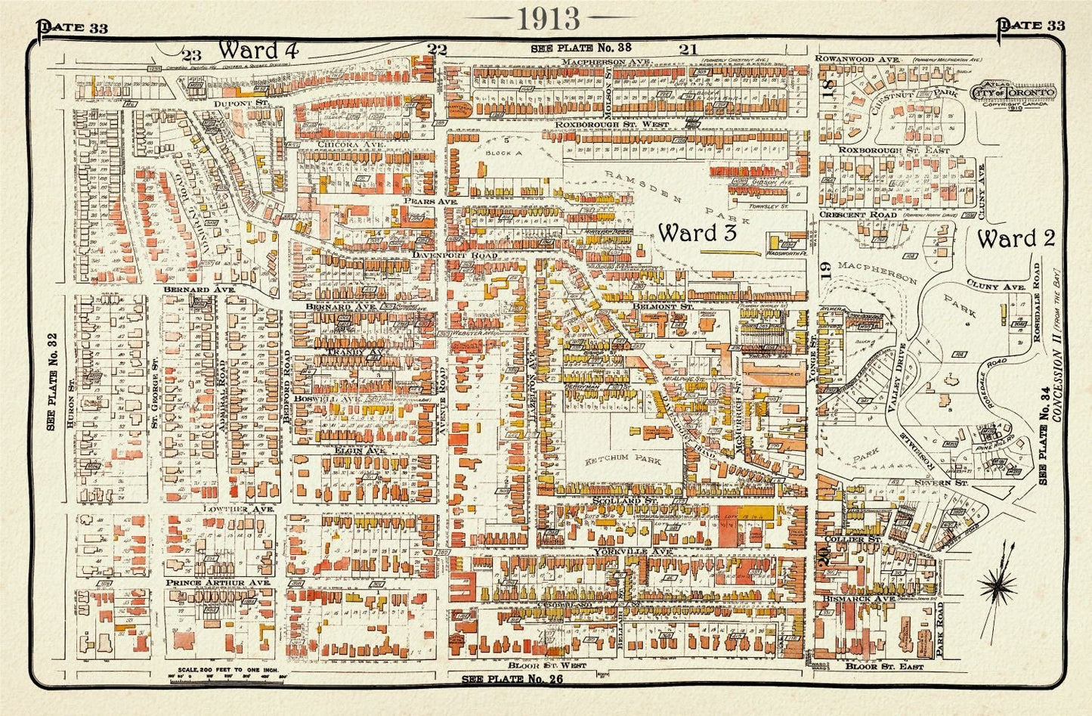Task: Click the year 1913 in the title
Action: pos(549,19)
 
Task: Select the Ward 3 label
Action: pos(697,233)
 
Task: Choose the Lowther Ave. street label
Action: pos(237,510)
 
